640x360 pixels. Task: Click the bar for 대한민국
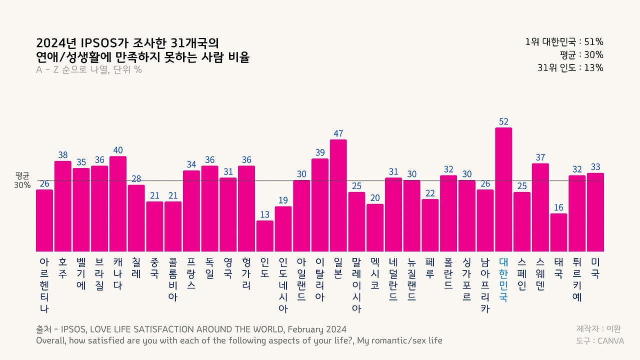503,190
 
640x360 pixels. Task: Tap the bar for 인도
265,236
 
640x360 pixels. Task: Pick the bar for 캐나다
118,204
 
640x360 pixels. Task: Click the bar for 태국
559,232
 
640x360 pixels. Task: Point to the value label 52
503,121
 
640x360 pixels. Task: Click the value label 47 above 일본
338,133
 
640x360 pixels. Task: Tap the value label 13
265,214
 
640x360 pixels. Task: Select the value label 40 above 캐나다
118,150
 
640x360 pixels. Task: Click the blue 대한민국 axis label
503,279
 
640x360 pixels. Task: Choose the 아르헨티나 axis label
44,285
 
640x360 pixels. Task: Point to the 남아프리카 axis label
485,285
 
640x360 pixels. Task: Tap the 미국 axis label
595,268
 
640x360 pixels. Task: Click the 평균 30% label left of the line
23,180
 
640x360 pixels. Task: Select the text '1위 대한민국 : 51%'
564,42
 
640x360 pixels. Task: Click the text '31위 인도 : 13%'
570,68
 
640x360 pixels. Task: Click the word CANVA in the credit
610,341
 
